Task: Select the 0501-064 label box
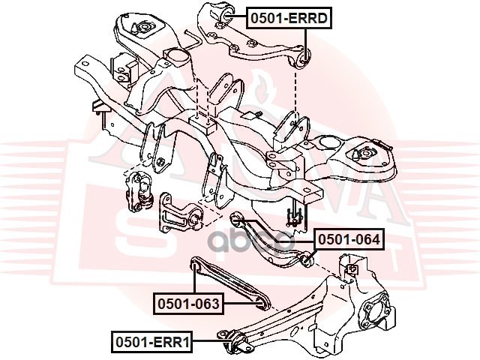tap(348, 241)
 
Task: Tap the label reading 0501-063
tap(188, 304)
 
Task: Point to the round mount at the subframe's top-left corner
tap(142, 28)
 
